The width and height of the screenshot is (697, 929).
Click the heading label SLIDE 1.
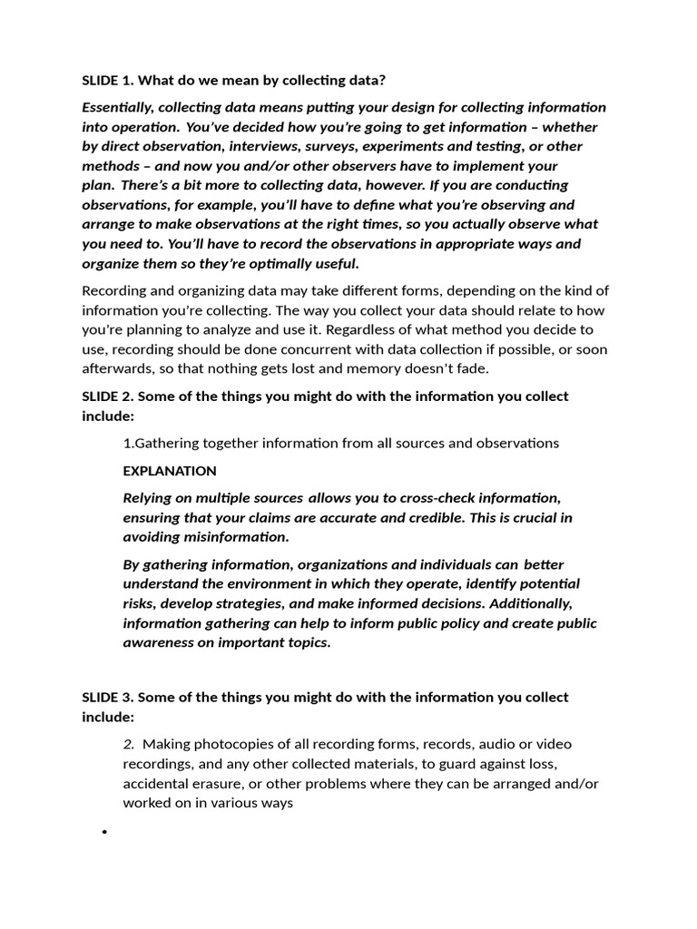[106, 80]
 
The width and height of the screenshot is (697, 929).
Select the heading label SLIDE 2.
[106, 396]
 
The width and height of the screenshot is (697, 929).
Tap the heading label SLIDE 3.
[106, 698]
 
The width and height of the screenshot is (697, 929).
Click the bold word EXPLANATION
[170, 471]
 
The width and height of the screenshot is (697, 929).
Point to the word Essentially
[118, 107]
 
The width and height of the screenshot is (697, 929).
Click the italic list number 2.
[128, 743]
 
